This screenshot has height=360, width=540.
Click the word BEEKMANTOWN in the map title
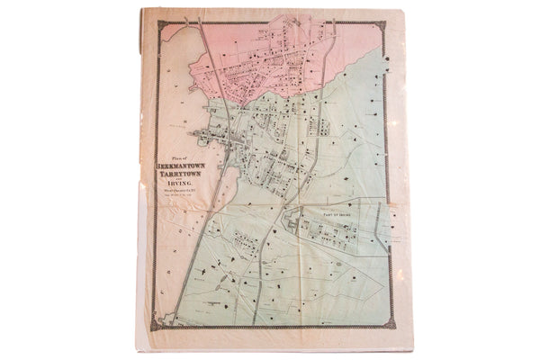coord(184,166)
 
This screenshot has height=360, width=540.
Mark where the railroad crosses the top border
coord(204,29)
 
